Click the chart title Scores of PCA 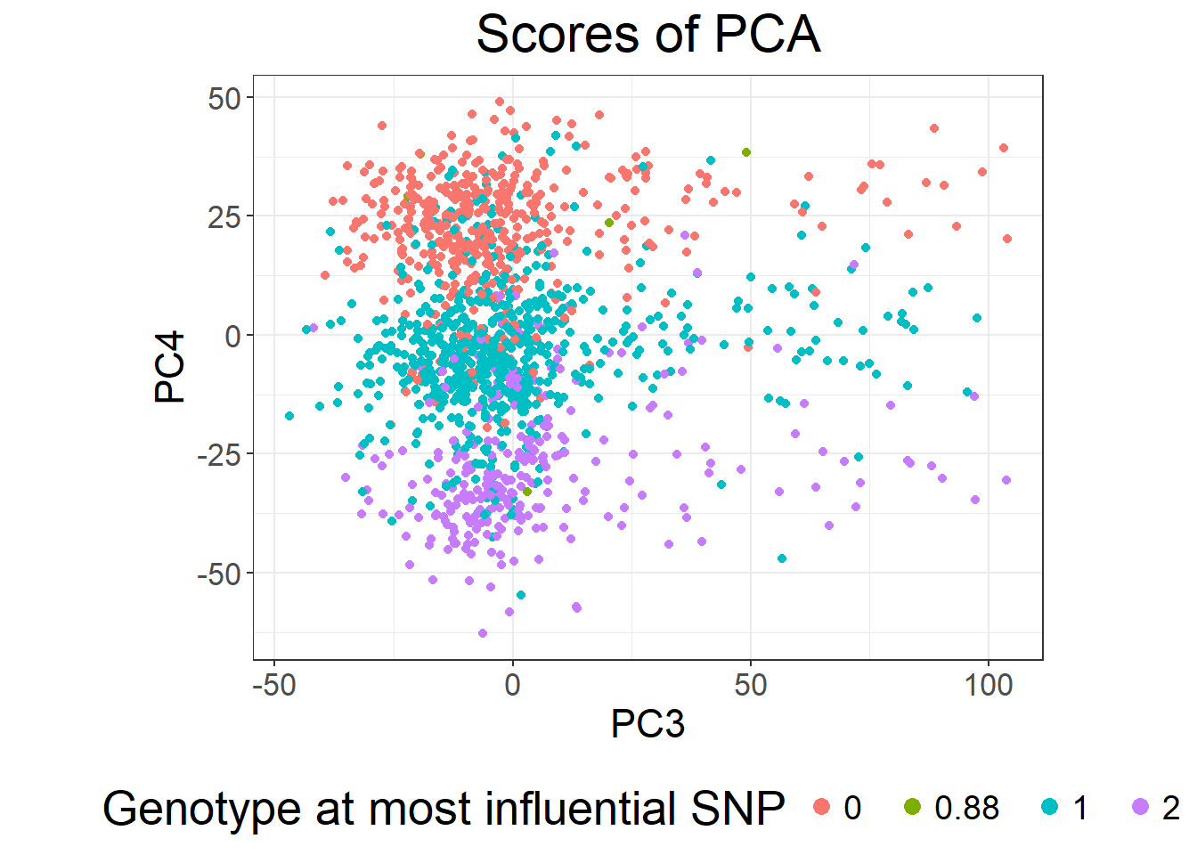point(647,34)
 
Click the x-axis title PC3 point(647,724)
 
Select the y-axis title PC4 point(169,367)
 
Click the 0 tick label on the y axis point(233,336)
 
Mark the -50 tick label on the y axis point(220,574)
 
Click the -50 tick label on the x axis point(274,685)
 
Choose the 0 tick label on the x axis point(512,685)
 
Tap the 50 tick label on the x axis point(751,685)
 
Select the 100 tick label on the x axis point(989,685)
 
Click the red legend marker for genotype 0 point(821,806)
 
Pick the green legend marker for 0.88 point(912,806)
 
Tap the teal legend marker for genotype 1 point(1050,806)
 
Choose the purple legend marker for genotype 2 point(1140,806)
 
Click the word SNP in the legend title point(738,808)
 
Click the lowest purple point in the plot point(483,633)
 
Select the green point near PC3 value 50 point(746,152)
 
